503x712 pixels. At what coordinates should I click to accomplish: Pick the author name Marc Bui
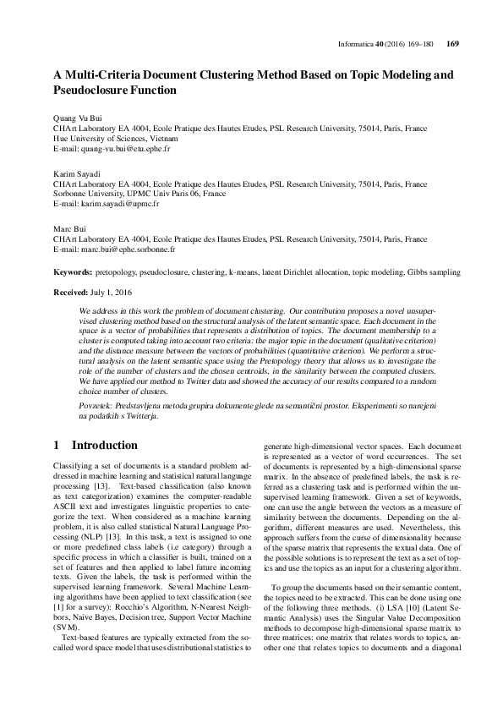pos(68,227)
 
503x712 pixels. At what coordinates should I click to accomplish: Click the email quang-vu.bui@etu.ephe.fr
pos(122,149)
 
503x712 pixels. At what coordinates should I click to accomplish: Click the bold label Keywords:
pos(73,272)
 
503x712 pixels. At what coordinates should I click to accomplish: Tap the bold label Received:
pos(72,291)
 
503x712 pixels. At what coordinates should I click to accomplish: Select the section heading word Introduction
pos(105,445)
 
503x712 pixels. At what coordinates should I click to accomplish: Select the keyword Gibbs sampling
pos(435,272)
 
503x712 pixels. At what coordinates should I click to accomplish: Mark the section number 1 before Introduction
pos(56,445)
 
